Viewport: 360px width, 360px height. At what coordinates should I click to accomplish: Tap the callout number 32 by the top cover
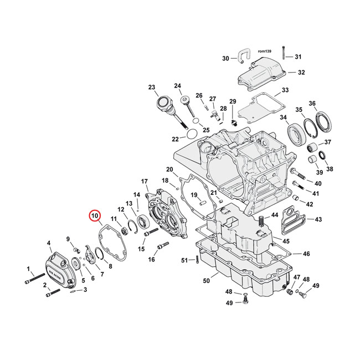301,73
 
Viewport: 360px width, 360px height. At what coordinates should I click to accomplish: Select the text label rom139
264,50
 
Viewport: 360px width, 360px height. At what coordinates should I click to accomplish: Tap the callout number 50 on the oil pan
206,281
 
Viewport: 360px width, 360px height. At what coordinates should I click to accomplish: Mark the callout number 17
144,181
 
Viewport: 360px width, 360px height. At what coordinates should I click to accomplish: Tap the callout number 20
169,169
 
